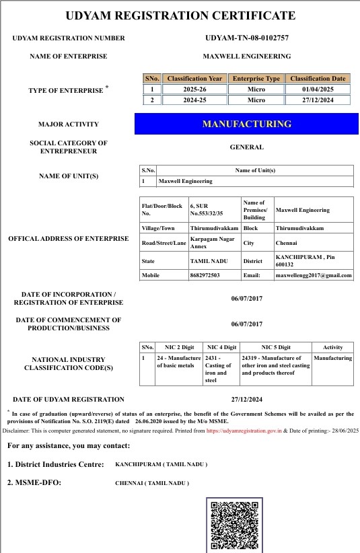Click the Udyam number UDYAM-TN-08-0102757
click(246, 38)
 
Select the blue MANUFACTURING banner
click(246, 124)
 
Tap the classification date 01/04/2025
click(318, 89)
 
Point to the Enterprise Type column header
click(256, 79)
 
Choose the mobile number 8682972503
click(205, 275)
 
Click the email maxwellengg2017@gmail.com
click(314, 275)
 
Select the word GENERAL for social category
click(246, 147)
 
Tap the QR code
click(233, 526)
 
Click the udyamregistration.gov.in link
click(244, 430)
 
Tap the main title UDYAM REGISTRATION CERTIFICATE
click(180, 15)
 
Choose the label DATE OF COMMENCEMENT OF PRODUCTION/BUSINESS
click(68, 324)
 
